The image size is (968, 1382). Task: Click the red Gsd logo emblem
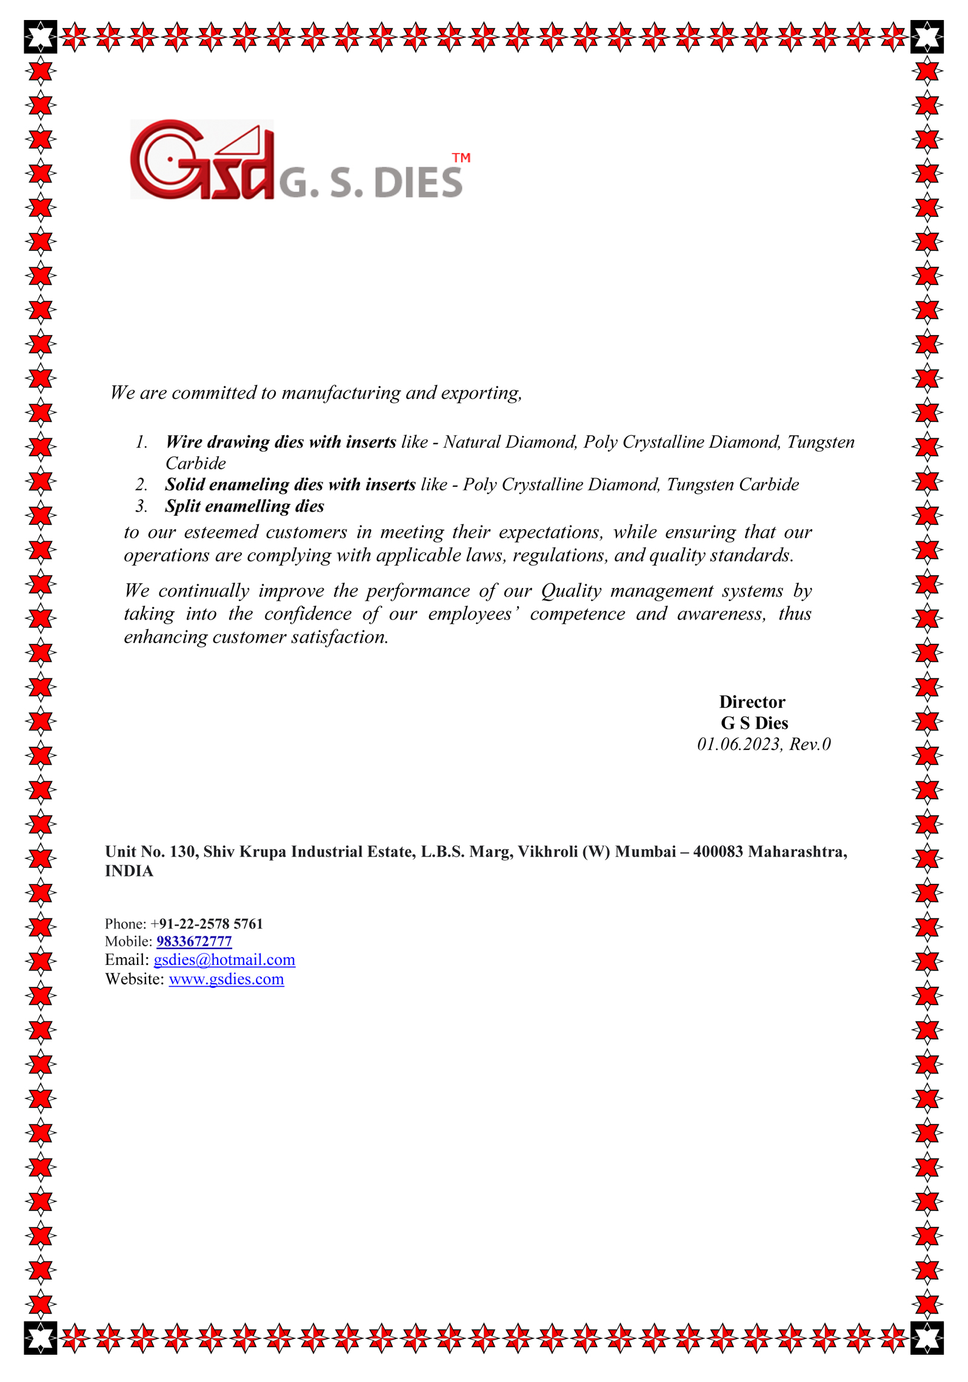pos(201,159)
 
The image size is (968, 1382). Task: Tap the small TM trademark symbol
pos(461,158)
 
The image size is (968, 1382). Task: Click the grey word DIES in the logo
pos(418,182)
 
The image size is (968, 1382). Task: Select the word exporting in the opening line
pos(481,393)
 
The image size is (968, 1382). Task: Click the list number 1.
pos(141,442)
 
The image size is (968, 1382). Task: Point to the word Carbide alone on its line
pos(195,463)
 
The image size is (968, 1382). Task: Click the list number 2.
pos(141,484)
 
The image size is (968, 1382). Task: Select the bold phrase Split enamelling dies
pos(244,506)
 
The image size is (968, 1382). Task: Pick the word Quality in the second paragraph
pos(571,590)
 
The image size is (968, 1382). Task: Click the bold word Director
pos(752,702)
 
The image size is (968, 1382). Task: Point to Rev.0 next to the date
pos(810,744)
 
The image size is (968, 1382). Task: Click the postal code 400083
pos(718,852)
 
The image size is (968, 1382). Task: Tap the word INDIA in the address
pos(129,871)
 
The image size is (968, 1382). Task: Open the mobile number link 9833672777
pos(194,941)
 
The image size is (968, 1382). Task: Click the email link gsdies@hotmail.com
pos(224,960)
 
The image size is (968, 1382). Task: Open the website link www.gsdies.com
pos(226,980)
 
